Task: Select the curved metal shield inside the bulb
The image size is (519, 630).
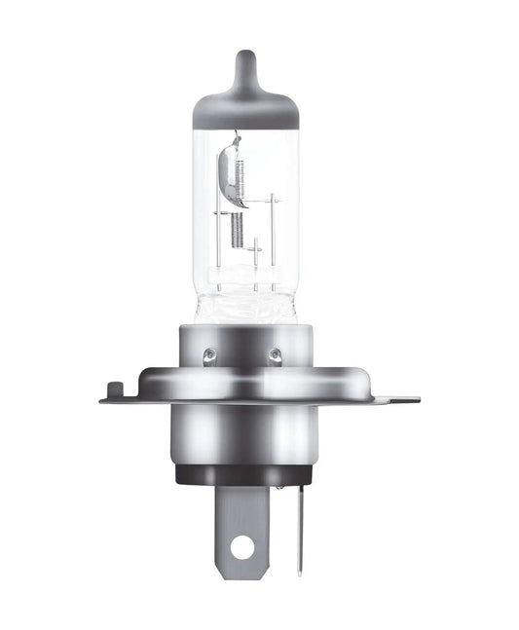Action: point(231,175)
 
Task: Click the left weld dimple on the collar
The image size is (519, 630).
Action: point(208,354)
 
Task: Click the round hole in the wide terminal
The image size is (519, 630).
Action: point(241,548)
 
